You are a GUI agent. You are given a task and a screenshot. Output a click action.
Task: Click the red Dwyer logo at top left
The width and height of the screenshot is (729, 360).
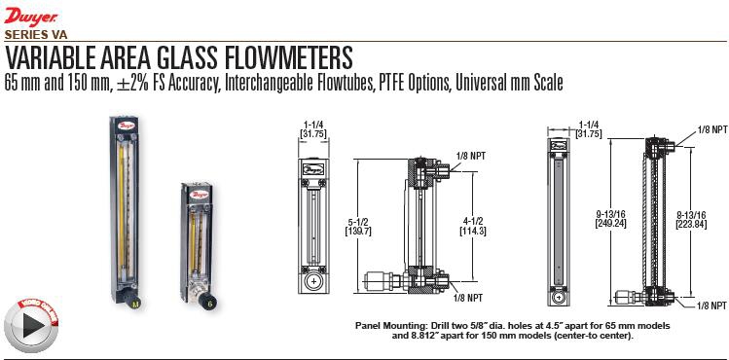tap(31, 18)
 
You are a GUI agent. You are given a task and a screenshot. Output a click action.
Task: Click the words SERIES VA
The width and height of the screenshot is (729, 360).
tap(36, 35)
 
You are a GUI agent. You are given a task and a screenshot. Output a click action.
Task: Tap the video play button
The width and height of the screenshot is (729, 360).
tap(31, 324)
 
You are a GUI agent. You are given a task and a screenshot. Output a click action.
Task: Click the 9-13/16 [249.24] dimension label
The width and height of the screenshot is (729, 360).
tap(611, 218)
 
